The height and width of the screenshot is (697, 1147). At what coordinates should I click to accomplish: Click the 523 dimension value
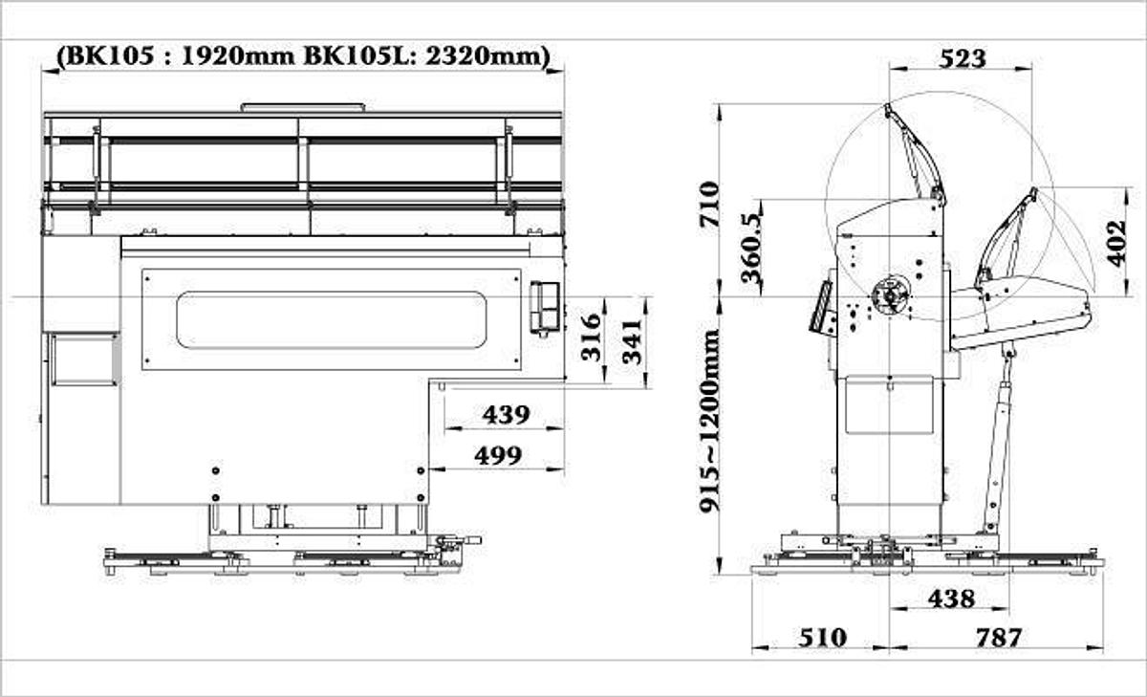tap(962, 57)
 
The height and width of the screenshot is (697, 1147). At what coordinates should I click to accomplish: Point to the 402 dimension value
tap(1115, 245)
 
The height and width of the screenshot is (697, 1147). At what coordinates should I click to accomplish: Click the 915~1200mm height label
tap(710, 422)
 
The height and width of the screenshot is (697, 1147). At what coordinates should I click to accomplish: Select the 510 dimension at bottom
tap(821, 637)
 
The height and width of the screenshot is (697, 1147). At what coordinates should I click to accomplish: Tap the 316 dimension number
tap(592, 337)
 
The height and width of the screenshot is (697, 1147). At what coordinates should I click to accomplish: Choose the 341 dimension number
tap(632, 341)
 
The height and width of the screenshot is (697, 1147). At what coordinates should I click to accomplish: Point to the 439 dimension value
tap(506, 415)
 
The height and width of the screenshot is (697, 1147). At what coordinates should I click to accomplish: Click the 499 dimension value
tap(499, 455)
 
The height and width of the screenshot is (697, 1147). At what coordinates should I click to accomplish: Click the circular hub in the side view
tap(891, 295)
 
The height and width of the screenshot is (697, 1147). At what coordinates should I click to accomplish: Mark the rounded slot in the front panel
tap(331, 319)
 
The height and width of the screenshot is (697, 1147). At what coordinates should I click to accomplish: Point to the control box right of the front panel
tap(545, 307)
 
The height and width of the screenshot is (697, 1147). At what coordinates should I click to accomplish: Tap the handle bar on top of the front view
tap(302, 107)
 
